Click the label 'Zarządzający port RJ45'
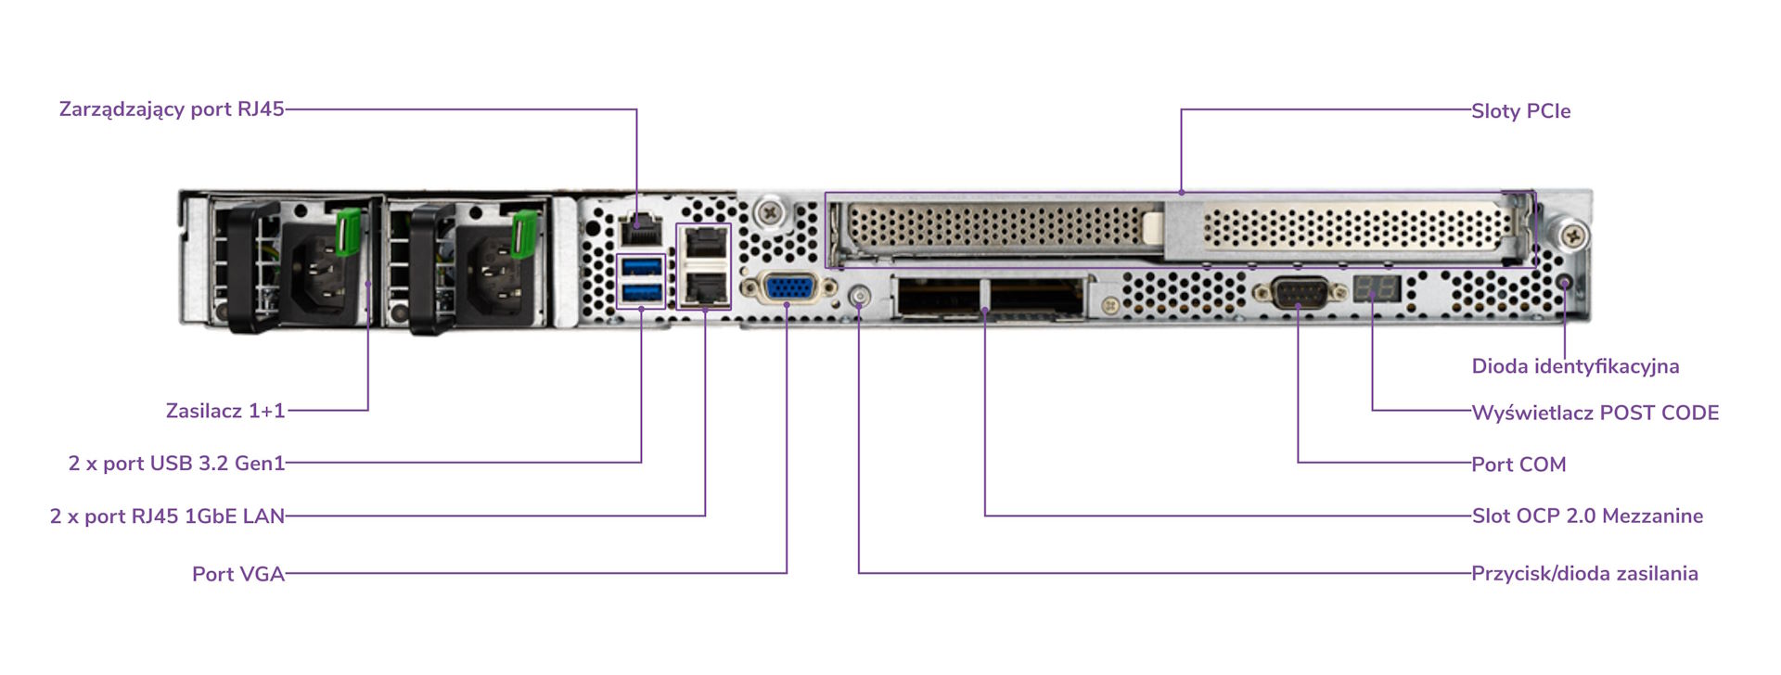172,109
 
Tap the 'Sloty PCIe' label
1521,111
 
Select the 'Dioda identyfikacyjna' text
1575,366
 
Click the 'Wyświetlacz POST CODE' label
1595,413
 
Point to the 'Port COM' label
1518,465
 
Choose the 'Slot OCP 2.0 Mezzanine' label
1587,516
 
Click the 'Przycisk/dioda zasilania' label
1584,573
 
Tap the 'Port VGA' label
238,574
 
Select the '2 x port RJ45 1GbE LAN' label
167,516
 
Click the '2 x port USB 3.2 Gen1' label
176,463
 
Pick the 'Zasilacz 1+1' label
225,411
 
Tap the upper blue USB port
642,268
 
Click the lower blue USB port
642,294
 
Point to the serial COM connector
1299,293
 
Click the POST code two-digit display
1376,287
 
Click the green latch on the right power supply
523,233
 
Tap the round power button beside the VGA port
860,297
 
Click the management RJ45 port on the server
640,228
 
